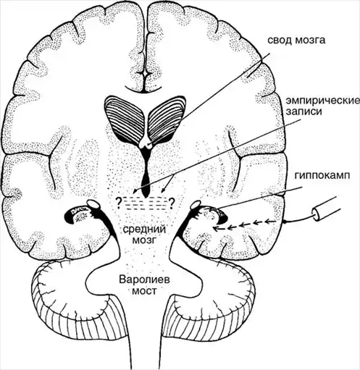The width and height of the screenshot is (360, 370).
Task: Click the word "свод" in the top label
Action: click(279, 41)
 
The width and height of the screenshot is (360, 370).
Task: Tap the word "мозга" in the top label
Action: click(309, 41)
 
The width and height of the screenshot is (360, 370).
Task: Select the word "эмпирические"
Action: click(323, 101)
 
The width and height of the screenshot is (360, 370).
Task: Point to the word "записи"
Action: click(304, 112)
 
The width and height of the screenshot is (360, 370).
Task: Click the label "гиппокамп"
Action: click(322, 176)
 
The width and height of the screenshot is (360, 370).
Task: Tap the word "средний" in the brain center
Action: click(144, 229)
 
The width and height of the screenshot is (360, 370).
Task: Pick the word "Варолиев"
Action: click(144, 280)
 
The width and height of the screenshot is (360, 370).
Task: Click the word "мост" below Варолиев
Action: click(145, 291)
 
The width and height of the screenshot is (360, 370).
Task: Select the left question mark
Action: click(119, 203)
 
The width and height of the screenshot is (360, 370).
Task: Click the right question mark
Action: click(172, 203)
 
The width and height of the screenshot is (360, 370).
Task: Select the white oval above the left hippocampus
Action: click(93, 205)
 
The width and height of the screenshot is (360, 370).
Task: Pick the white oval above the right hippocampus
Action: click(196, 205)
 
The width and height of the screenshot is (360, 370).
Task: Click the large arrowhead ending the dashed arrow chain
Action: click(216, 228)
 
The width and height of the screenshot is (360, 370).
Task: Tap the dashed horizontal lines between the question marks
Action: click(145, 203)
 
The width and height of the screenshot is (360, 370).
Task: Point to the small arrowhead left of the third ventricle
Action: click(135, 191)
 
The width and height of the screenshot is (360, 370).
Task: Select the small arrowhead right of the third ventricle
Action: click(163, 190)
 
